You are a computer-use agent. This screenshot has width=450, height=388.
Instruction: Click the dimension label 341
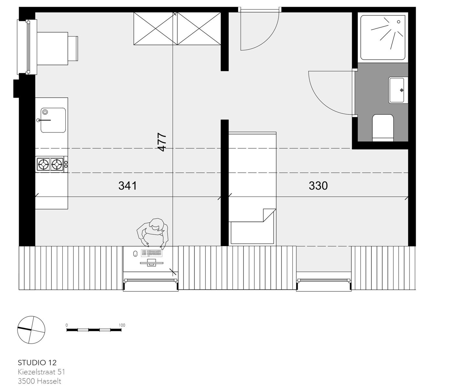(x=127, y=186)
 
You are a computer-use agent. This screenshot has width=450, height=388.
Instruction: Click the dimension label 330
(x=318, y=186)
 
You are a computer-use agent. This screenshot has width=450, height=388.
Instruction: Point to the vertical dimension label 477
(x=162, y=142)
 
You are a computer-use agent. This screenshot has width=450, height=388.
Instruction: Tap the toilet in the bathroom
(x=383, y=128)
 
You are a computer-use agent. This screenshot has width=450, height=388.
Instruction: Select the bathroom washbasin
(x=397, y=90)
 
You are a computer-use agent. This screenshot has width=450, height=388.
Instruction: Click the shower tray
(x=383, y=38)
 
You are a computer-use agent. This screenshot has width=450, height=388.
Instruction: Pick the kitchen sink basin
(x=53, y=120)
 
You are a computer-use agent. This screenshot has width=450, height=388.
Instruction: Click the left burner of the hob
(x=44, y=164)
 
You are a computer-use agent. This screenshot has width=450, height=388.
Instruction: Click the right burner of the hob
(x=57, y=164)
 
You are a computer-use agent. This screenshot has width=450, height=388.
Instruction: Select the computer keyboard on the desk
(x=152, y=253)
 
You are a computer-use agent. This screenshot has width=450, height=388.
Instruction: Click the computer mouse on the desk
(x=135, y=253)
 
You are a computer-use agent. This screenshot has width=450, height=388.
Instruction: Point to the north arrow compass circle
(x=31, y=330)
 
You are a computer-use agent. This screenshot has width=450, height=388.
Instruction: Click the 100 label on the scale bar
(x=122, y=325)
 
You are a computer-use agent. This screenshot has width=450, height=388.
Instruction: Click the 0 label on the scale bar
(x=67, y=325)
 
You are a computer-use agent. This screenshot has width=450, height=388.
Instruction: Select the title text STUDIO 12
(x=37, y=362)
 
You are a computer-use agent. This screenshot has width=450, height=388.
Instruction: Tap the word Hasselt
(x=49, y=382)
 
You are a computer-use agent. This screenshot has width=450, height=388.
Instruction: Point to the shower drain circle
(x=399, y=22)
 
